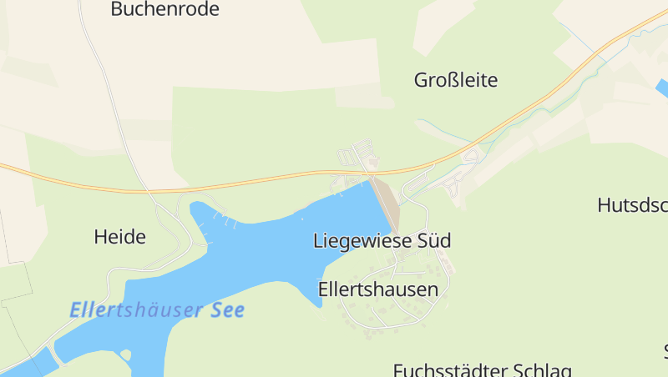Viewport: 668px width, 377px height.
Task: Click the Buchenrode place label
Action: pos(164,9)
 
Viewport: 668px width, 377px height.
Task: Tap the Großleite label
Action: pos(456,80)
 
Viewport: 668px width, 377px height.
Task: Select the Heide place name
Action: pos(120,237)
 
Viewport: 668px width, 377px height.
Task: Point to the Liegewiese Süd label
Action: pos(382,241)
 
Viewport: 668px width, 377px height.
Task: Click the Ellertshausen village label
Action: pos(378,289)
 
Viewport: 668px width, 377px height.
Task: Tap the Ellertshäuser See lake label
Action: pos(157,310)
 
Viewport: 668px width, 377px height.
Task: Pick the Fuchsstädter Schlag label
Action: pos(482,369)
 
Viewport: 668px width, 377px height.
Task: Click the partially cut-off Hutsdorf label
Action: pos(632,205)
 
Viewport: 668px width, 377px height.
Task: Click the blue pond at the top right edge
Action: pos(662,88)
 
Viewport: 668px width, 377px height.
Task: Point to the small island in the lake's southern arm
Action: pos(125,354)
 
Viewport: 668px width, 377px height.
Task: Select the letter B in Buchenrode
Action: pos(117,9)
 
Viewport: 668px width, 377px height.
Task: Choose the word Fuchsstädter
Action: pos(448,369)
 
